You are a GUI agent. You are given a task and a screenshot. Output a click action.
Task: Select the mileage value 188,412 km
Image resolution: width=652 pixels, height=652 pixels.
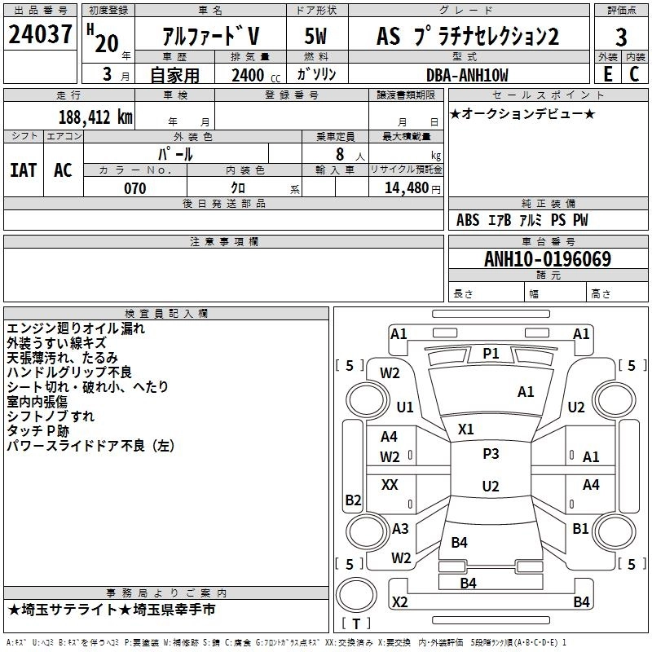click(95, 117)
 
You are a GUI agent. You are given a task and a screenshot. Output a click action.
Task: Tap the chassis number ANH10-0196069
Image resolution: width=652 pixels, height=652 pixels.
click(547, 259)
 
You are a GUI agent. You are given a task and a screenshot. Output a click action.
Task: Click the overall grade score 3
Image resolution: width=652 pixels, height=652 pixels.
click(621, 37)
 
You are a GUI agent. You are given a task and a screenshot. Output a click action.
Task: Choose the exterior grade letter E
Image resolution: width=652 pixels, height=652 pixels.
click(606, 74)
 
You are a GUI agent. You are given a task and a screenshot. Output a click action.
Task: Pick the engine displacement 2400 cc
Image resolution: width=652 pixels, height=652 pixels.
click(252, 75)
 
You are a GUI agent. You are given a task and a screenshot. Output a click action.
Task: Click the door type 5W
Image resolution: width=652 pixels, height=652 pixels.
click(316, 37)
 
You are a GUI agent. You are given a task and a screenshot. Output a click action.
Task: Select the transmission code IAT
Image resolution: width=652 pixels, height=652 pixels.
click(24, 170)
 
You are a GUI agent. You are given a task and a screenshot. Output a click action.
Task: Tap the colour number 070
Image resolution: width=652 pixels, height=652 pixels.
click(134, 188)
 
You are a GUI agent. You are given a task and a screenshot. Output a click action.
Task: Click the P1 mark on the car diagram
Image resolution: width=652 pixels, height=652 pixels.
click(491, 353)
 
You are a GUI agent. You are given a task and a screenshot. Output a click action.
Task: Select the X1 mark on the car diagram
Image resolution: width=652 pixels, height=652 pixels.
click(466, 429)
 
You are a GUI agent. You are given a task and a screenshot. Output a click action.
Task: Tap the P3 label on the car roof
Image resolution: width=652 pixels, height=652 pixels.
click(491, 454)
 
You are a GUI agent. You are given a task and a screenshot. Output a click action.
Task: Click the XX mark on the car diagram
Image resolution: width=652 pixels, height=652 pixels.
click(390, 485)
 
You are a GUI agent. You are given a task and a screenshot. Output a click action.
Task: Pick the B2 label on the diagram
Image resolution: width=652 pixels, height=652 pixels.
click(353, 500)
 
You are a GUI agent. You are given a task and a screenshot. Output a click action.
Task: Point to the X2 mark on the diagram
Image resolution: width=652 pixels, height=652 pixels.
click(399, 601)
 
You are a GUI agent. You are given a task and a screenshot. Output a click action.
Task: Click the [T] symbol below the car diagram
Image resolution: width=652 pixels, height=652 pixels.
click(356, 623)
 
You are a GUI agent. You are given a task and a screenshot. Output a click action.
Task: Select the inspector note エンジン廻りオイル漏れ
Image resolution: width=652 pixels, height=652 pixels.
click(76, 328)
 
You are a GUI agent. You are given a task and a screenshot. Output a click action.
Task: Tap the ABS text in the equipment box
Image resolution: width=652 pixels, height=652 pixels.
click(468, 220)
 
